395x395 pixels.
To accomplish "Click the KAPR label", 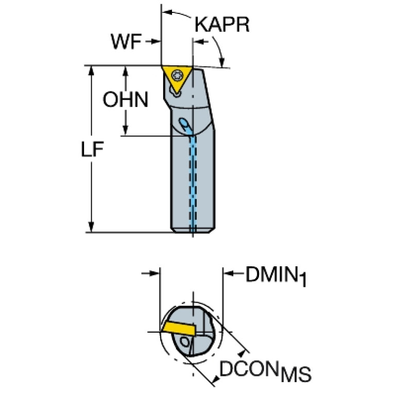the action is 222,24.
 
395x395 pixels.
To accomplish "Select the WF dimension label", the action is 126,42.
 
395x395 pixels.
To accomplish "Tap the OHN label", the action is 126,100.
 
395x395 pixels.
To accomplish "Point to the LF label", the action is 92,149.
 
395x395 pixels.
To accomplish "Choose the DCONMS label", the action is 266,372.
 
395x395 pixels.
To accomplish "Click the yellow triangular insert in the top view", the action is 177,79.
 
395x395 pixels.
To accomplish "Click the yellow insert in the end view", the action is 178,328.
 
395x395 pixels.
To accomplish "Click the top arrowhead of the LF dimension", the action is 91,71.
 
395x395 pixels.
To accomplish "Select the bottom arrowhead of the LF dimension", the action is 91,227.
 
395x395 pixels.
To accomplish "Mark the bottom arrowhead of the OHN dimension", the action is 125,131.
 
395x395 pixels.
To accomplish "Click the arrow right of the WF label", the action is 152,42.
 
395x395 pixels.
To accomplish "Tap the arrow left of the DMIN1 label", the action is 150,273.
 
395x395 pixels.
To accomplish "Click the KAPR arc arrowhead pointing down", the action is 221,63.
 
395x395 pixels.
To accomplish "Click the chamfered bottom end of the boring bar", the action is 193,230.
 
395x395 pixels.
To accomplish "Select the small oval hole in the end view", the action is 184,342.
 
